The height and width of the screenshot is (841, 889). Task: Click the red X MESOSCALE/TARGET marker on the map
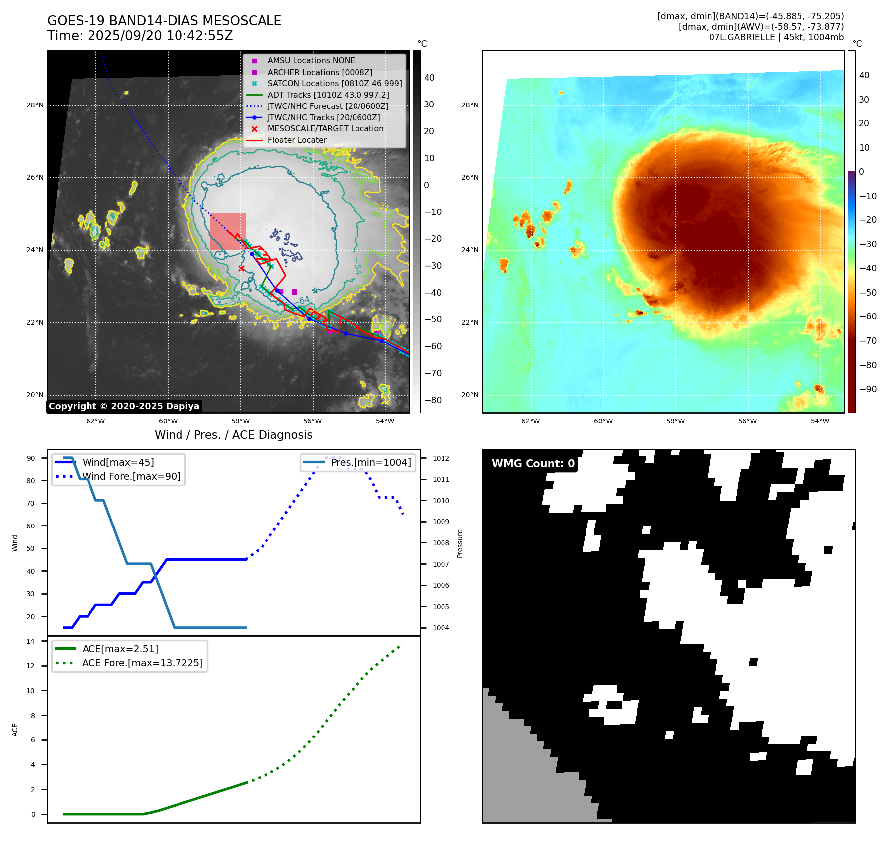tap(241, 269)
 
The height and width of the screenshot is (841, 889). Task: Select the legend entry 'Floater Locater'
tap(297, 140)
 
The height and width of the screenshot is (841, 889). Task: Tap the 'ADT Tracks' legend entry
tap(328, 95)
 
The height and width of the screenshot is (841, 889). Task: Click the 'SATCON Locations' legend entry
tap(335, 83)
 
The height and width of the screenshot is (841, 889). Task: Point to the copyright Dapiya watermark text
tap(124, 406)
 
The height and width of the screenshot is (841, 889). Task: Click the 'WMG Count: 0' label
tap(533, 464)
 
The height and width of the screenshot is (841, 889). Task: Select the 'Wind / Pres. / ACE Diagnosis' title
tap(233, 435)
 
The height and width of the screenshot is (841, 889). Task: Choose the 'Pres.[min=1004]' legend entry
tap(370, 462)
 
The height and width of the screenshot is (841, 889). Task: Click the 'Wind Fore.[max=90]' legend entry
tap(131, 476)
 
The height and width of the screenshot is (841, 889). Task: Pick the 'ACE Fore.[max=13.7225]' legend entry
tap(142, 663)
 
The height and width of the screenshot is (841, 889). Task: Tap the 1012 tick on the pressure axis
tap(441, 458)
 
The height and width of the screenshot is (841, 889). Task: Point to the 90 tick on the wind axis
tap(31, 458)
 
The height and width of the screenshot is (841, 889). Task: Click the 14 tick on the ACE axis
tap(31, 641)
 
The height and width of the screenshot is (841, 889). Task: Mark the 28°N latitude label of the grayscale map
tap(35, 105)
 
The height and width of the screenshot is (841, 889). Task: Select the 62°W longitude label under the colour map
tap(531, 421)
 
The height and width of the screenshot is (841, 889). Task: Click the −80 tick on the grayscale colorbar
tap(433, 400)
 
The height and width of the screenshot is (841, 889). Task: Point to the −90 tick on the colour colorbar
tap(868, 389)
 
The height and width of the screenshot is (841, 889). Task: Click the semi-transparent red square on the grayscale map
tap(228, 231)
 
